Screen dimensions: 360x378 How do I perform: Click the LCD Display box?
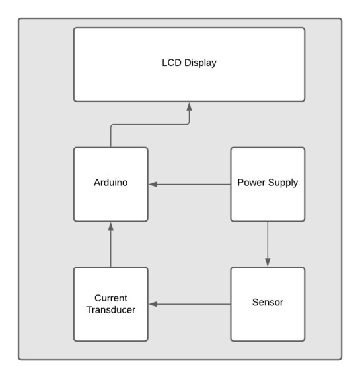click(189, 65)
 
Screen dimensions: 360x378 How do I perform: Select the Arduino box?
click(111, 185)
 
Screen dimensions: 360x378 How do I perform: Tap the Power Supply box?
click(268, 185)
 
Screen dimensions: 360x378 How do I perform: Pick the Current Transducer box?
click(111, 304)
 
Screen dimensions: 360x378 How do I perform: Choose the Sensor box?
click(268, 304)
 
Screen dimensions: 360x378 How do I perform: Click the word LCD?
click(172, 63)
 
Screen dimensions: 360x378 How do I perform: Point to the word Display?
click(200, 63)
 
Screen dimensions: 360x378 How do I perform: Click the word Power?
click(251, 183)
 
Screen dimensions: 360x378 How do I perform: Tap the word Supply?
click(283, 183)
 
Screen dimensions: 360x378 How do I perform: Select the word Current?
click(111, 298)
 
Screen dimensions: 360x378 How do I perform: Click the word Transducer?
click(111, 310)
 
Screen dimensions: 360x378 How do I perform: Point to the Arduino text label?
click(111, 183)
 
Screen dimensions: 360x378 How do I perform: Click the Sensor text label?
click(268, 302)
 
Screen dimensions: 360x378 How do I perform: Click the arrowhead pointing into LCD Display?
click(190, 107)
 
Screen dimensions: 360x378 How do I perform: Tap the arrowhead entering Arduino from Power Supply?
click(153, 185)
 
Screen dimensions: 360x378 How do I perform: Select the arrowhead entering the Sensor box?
click(268, 262)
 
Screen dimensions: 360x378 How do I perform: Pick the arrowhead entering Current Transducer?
click(153, 304)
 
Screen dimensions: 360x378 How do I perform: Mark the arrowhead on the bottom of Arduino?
click(111, 227)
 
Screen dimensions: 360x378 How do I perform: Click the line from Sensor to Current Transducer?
click(190, 304)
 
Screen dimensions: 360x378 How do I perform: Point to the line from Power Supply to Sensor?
click(268, 244)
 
